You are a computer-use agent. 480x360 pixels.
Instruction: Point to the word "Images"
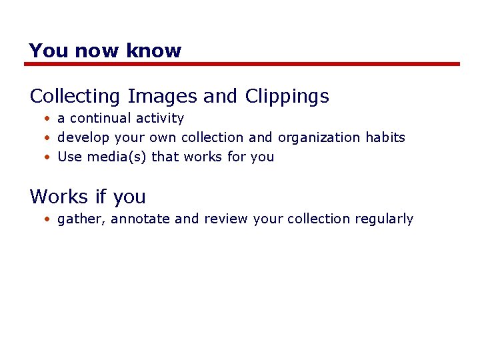pyautogui.click(x=162, y=97)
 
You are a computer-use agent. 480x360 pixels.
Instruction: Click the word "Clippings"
pyautogui.click(x=287, y=97)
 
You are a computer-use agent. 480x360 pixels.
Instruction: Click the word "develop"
pyautogui.click(x=84, y=138)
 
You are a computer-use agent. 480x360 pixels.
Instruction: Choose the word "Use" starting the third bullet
pyautogui.click(x=70, y=157)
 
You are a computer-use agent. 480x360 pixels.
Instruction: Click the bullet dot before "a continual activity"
pyautogui.click(x=48, y=119)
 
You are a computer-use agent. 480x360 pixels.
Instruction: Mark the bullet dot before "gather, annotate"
pyautogui.click(x=48, y=219)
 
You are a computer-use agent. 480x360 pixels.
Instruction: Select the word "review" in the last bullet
pyautogui.click(x=226, y=219)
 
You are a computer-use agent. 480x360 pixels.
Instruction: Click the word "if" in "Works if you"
pyautogui.click(x=101, y=197)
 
